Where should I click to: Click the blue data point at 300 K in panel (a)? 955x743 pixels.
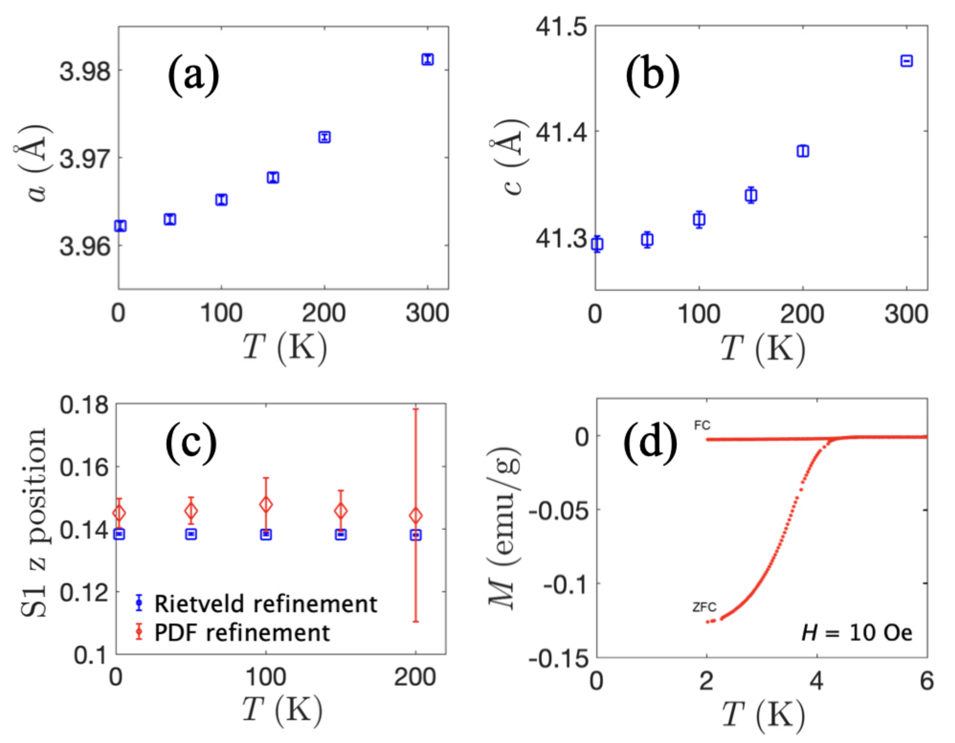point(427,59)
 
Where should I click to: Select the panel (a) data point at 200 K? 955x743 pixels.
point(324,137)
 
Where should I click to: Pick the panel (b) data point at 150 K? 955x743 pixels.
point(751,195)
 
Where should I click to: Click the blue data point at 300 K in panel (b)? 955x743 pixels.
point(907,61)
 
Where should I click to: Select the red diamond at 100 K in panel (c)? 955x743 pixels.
point(266,505)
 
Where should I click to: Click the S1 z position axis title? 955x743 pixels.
point(34,522)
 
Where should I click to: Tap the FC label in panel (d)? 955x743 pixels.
point(702,425)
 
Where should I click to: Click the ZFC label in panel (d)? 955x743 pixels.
point(704,607)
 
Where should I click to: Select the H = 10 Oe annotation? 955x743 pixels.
point(856,632)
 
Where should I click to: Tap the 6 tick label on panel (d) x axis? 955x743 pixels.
point(927,681)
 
